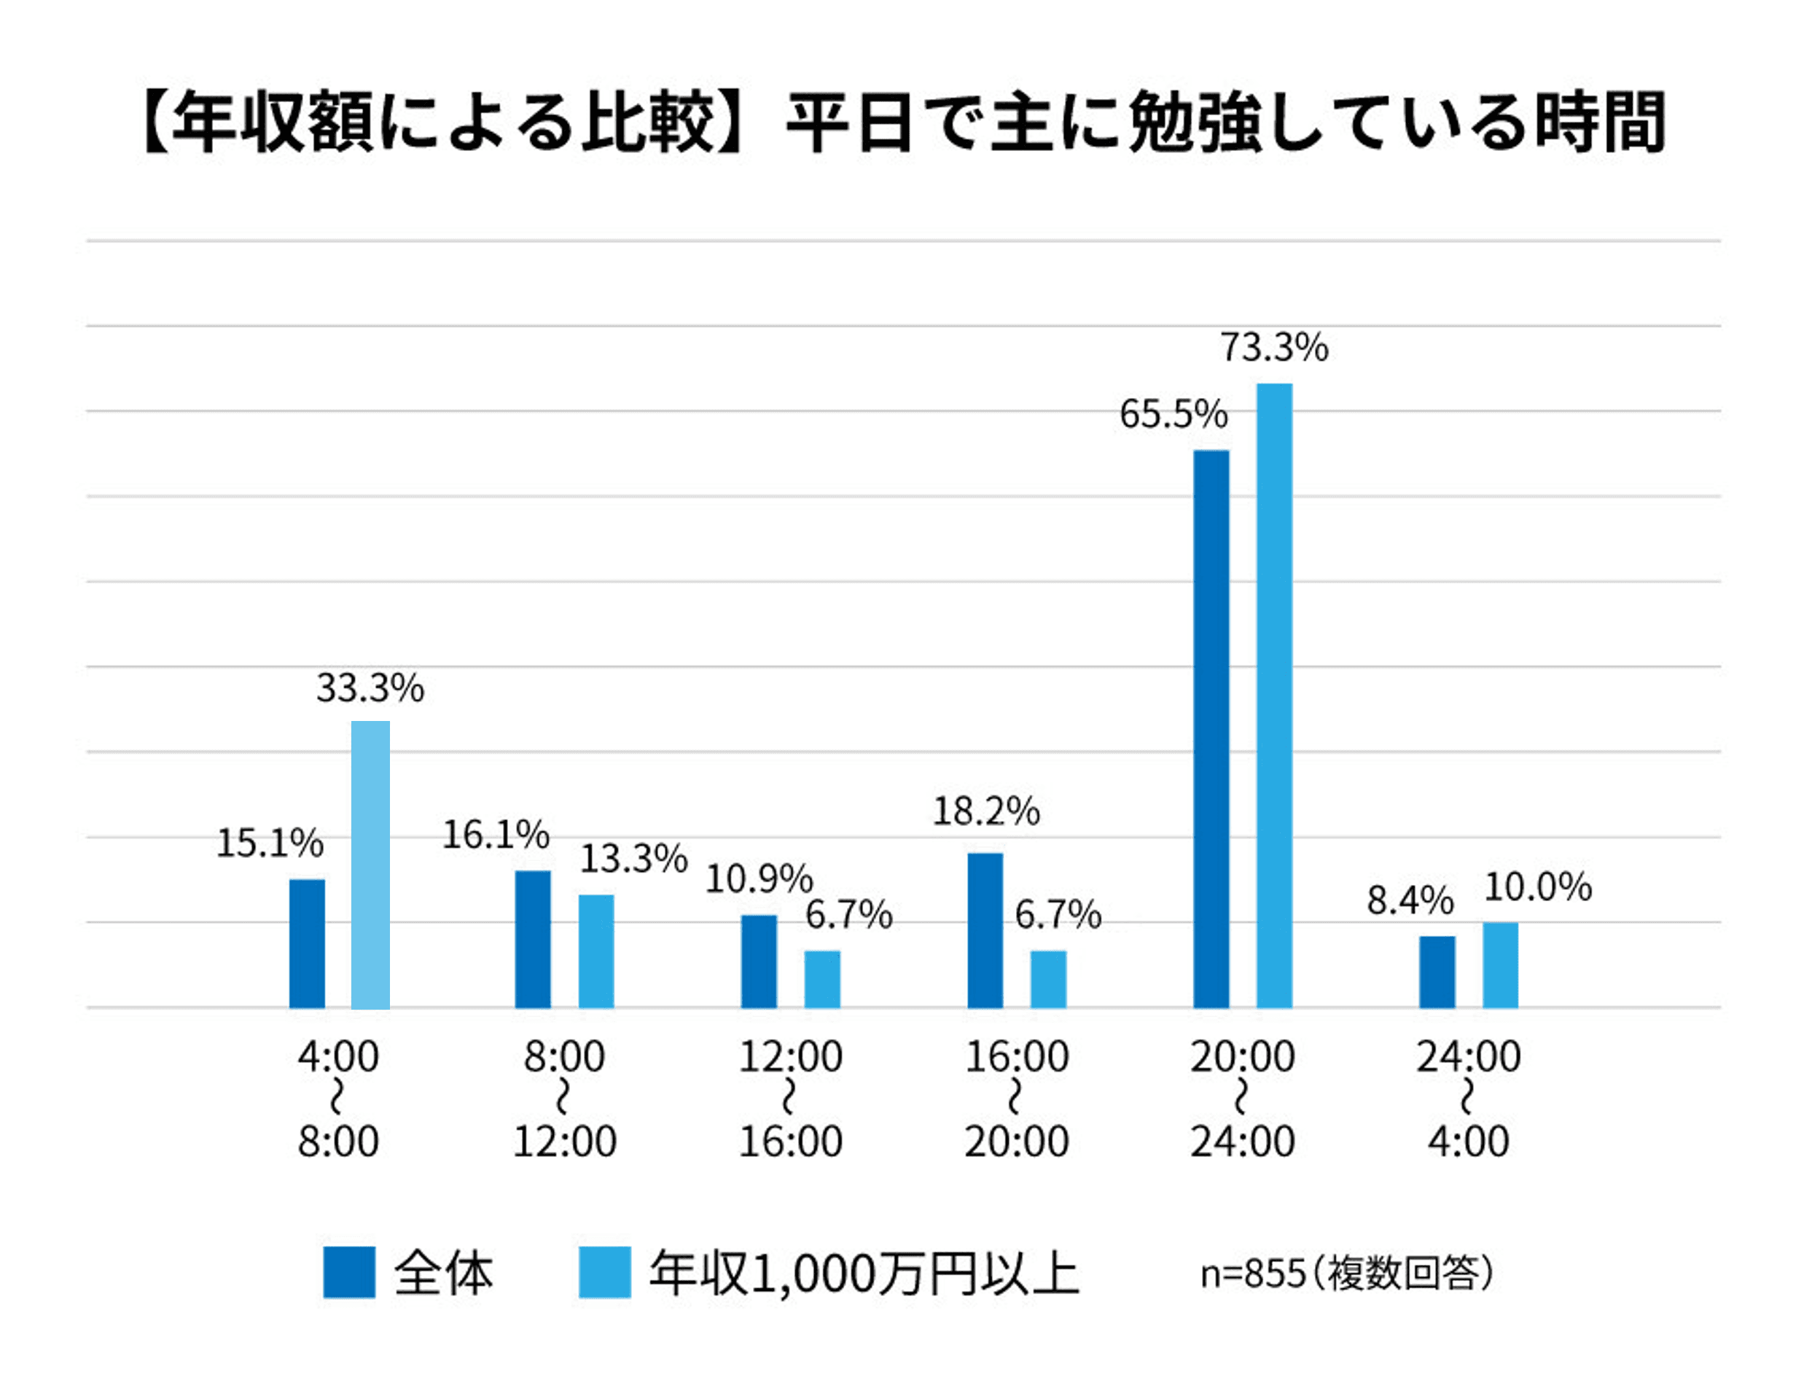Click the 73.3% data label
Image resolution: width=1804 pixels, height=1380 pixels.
pyautogui.click(x=1273, y=348)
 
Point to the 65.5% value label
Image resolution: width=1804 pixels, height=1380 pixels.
pyautogui.click(x=1173, y=414)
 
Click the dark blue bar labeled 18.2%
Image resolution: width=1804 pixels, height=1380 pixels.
pyautogui.click(x=985, y=930)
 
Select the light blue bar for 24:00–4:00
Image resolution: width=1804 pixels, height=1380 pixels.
pyautogui.click(x=1499, y=964)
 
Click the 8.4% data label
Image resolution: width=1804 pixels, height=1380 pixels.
pyautogui.click(x=1409, y=900)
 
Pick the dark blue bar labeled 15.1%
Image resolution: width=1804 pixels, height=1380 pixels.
pyautogui.click(x=307, y=943)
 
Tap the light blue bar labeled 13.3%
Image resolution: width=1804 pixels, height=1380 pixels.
pyautogui.click(x=596, y=951)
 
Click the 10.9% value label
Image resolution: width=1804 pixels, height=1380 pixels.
pyautogui.click(x=758, y=879)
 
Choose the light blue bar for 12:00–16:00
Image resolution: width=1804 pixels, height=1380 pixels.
pyautogui.click(x=822, y=978)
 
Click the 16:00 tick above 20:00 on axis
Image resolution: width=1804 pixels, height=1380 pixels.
pyautogui.click(x=1017, y=1056)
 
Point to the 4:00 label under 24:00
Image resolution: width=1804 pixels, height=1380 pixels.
pyautogui.click(x=1468, y=1141)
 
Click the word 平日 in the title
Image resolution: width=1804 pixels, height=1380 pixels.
pyautogui.click(x=849, y=123)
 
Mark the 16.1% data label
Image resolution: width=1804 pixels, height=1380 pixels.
pyautogui.click(x=495, y=835)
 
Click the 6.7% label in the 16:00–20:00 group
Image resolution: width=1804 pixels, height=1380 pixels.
pyautogui.click(x=1058, y=915)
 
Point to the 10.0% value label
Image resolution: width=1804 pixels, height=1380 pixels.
pyautogui.click(x=1537, y=887)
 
